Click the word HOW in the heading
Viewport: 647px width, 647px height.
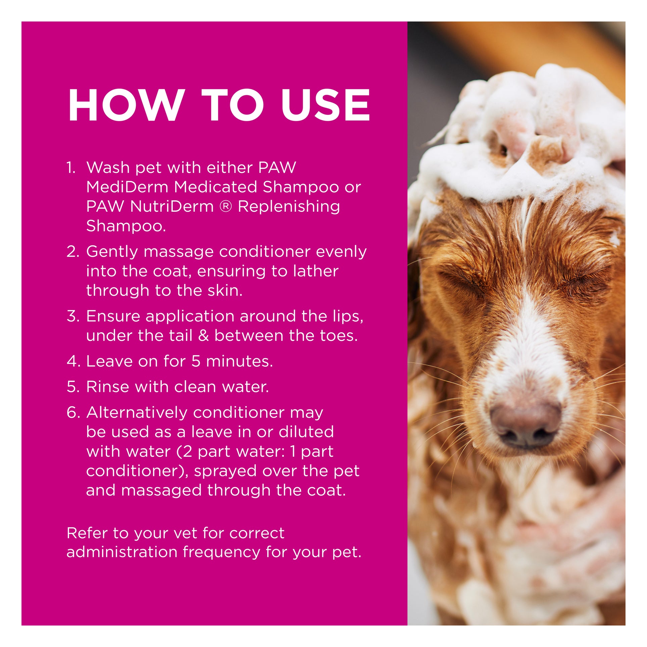pyautogui.click(x=127, y=105)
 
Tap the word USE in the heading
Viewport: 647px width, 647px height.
pyautogui.click(x=326, y=105)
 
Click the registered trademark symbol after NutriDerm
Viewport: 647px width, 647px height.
pyautogui.click(x=226, y=206)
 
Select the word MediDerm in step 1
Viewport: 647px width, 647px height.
pyautogui.click(x=127, y=187)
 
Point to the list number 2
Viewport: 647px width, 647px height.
pyautogui.click(x=73, y=252)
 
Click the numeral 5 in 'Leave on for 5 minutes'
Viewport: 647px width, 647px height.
pyautogui.click(x=196, y=362)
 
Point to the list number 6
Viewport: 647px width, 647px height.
pyautogui.click(x=73, y=413)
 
